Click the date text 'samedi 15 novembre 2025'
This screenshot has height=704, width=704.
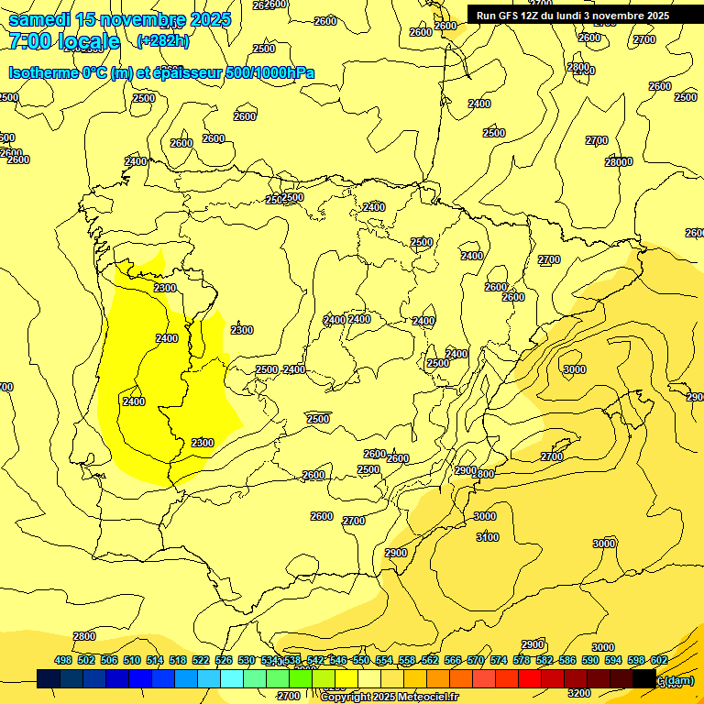[x=119, y=19]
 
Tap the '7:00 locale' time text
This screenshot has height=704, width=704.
[x=64, y=41]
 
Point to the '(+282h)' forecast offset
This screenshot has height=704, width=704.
[x=163, y=40]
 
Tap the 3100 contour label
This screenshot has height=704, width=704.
[x=488, y=537]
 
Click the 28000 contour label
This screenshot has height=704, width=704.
[x=619, y=162]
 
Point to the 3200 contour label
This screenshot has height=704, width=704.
[x=579, y=693]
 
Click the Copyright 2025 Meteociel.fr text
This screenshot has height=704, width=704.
[x=389, y=698]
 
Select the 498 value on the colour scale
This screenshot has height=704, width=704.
[x=63, y=660]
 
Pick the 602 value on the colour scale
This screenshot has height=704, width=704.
[x=659, y=660]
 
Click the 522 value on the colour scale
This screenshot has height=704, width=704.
[x=201, y=660]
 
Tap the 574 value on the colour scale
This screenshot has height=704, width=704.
[x=499, y=660]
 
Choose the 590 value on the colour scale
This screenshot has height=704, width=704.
[x=590, y=660]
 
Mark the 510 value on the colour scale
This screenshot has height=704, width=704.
[x=132, y=660]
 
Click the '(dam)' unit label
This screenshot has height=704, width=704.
[x=679, y=680]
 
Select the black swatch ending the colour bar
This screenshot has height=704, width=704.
[x=643, y=679]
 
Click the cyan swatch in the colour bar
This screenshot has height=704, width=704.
[x=232, y=679]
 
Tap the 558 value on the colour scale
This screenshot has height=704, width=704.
[x=407, y=660]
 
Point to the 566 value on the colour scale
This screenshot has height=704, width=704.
[x=453, y=660]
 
